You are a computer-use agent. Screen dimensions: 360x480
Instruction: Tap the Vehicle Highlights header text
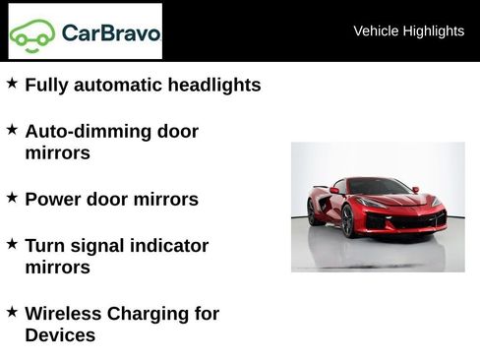click(x=408, y=30)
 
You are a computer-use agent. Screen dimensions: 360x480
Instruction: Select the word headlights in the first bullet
click(x=214, y=85)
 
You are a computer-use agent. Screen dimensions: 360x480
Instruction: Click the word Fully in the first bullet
click(x=44, y=85)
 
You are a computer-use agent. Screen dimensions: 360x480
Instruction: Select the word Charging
click(x=150, y=314)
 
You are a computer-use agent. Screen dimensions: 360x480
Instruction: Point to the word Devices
click(x=60, y=335)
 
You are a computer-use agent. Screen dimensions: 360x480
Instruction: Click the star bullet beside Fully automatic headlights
click(x=12, y=84)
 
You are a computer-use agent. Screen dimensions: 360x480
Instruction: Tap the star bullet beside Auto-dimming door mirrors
click(x=12, y=129)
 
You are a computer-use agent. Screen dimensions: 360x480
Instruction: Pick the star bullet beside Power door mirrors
click(x=12, y=197)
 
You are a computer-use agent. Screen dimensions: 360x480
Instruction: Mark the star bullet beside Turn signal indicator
click(x=12, y=243)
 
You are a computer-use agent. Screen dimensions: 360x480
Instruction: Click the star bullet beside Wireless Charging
click(x=12, y=312)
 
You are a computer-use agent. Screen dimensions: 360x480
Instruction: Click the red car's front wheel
click(x=347, y=221)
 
